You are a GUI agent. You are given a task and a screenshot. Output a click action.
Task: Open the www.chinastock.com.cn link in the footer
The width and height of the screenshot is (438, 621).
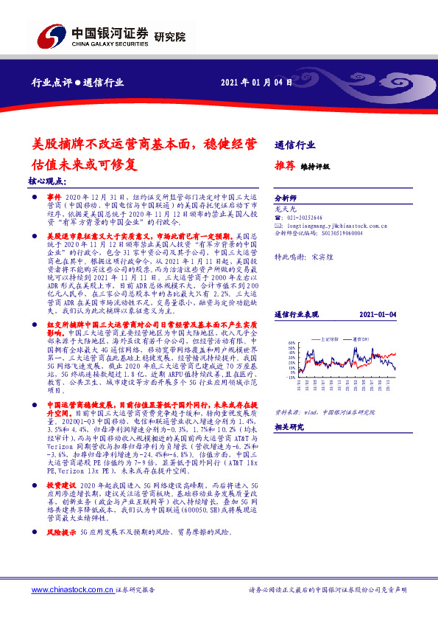pyautogui.click(x=71, y=591)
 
